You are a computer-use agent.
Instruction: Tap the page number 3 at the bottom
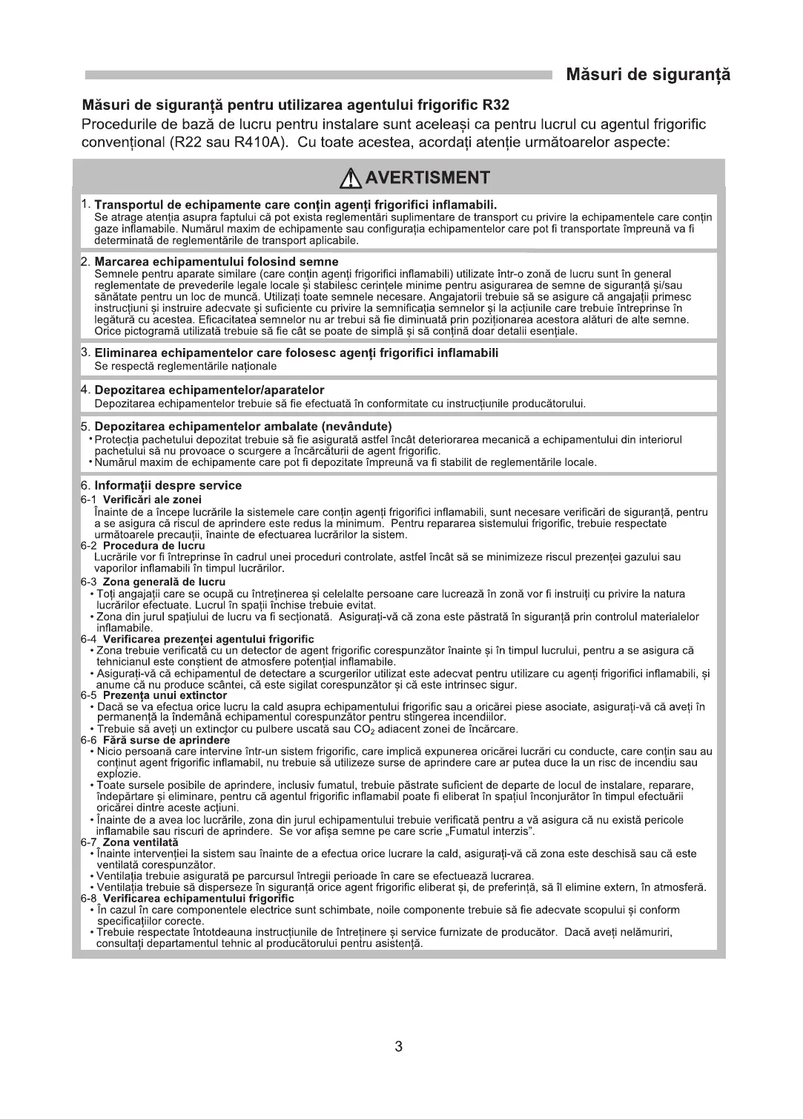pos(399,1047)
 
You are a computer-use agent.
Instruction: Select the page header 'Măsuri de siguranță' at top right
pos(648,75)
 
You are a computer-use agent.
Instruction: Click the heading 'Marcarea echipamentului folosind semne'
pos(217,262)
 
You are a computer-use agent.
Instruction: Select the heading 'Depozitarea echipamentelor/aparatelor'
pos(209,390)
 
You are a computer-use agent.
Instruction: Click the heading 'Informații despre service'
pos(168,486)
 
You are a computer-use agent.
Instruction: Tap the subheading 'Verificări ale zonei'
pos(152,499)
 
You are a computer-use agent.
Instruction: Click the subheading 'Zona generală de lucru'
pos(164,582)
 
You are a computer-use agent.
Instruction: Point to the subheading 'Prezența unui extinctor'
pos(165,695)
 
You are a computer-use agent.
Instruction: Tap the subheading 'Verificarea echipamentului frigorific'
pos(199,899)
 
